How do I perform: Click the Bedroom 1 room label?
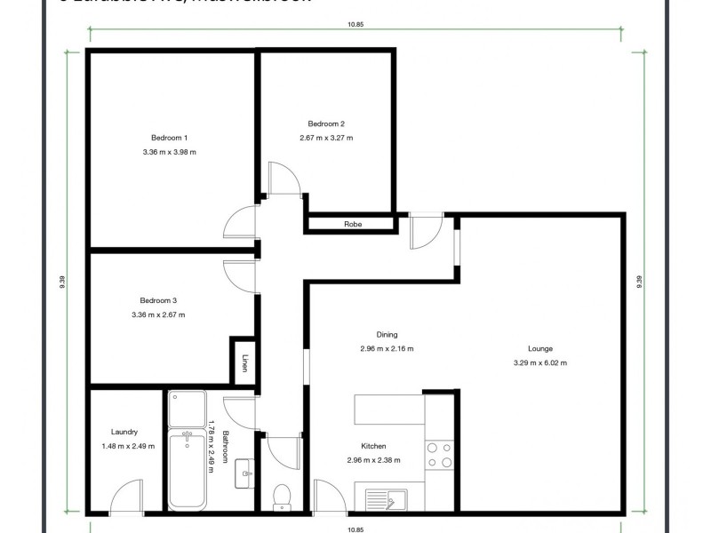[169, 138]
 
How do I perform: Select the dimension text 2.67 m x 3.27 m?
[326, 138]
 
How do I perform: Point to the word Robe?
[353, 224]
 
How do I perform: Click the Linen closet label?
[244, 363]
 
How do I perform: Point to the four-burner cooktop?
[438, 455]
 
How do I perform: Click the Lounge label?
[539, 348]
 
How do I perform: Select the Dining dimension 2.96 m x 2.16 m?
[387, 348]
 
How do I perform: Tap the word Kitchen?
[373, 447]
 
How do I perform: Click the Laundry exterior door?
[126, 497]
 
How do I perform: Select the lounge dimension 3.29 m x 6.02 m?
[539, 362]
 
